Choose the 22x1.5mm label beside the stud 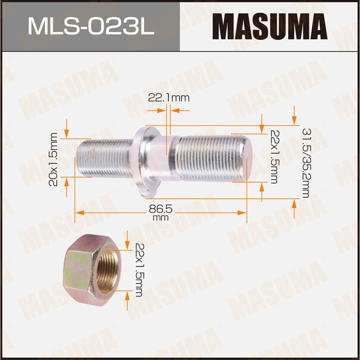tap(273, 156)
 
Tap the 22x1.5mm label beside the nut tap(139, 270)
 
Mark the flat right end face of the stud tap(248, 158)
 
